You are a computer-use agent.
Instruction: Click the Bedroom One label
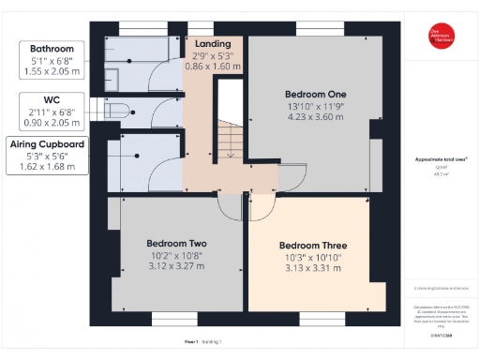click(x=315, y=95)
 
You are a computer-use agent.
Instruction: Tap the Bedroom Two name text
click(x=176, y=244)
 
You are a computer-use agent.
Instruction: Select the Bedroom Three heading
click(x=313, y=247)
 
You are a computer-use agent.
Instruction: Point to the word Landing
click(x=212, y=44)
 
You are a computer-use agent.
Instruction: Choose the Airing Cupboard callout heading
click(x=48, y=143)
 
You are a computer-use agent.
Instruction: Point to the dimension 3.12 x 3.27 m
click(x=176, y=265)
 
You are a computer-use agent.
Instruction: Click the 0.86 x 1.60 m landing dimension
click(x=212, y=67)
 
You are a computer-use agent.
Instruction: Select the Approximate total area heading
click(x=440, y=160)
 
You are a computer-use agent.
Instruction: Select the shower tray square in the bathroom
click(x=112, y=76)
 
